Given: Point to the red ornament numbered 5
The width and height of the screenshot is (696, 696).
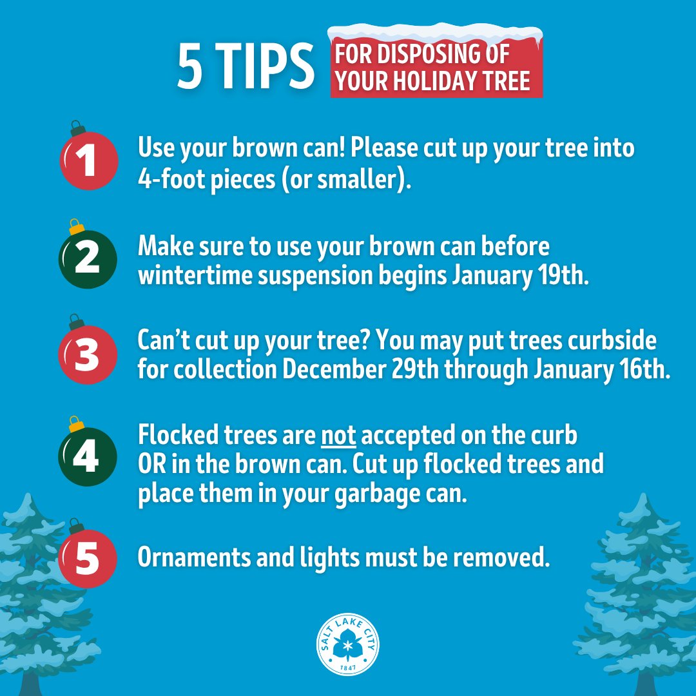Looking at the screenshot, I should point(88,559).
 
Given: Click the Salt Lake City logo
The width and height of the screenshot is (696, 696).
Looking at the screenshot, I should point(348,644).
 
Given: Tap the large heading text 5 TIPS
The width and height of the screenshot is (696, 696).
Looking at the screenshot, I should point(246,67).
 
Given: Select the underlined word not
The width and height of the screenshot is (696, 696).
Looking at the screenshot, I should point(339,436).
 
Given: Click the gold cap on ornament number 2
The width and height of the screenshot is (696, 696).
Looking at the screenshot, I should point(77,227).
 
